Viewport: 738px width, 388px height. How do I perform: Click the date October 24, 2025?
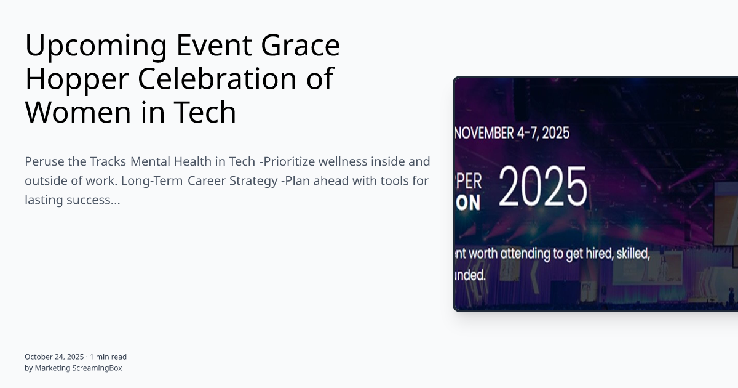point(54,357)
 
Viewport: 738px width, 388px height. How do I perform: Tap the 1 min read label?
point(108,357)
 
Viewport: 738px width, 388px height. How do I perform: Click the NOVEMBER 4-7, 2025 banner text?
point(512,132)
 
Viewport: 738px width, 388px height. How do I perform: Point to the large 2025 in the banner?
point(542,187)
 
